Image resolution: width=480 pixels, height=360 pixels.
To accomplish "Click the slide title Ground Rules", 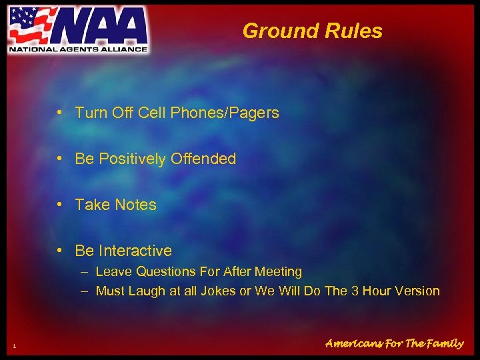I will [x=312, y=31].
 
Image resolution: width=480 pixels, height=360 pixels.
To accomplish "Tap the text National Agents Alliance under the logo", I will [x=77, y=49].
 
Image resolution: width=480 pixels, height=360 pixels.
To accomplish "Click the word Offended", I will [x=203, y=159].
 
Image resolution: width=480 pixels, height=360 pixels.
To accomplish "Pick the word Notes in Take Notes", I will [x=136, y=205].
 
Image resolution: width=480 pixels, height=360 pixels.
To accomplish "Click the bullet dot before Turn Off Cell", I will [x=60, y=113].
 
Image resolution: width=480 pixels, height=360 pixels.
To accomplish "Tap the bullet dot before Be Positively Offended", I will [x=60, y=159].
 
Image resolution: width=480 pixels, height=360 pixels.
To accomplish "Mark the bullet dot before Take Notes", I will [x=60, y=205].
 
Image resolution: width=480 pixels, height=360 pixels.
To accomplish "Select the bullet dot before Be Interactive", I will [x=60, y=251].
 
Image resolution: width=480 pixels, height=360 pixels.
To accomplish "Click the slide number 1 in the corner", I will [x=14, y=345].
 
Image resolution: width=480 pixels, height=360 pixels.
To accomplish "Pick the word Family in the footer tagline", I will [x=444, y=344].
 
